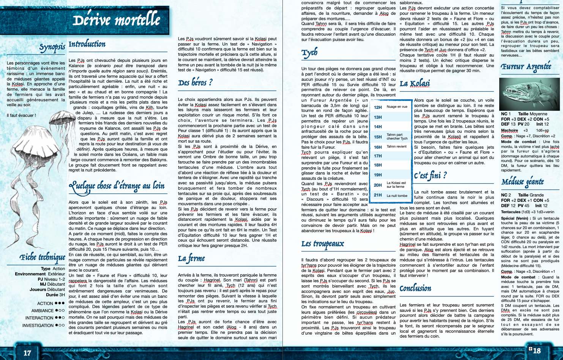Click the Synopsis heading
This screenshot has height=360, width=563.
tap(52, 47)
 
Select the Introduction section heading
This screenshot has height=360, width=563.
tap(87, 44)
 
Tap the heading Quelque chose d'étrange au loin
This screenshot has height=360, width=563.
tap(117, 186)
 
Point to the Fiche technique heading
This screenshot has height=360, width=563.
tap(43, 258)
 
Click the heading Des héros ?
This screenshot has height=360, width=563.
tap(195, 83)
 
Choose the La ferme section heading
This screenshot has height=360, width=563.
tap(191, 259)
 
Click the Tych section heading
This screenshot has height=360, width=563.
tap(309, 53)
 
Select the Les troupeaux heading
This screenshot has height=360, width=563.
tap(323, 244)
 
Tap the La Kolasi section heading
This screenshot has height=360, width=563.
tap(415, 83)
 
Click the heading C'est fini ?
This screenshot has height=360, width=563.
tap(430, 175)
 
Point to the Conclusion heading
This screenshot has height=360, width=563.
tap(415, 288)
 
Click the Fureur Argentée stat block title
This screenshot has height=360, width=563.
tap(526, 67)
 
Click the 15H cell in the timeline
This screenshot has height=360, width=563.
tap(378, 137)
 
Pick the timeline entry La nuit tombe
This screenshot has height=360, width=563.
tap(397, 196)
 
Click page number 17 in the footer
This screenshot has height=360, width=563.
tap(27, 353)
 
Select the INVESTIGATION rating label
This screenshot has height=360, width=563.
tap(38, 325)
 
